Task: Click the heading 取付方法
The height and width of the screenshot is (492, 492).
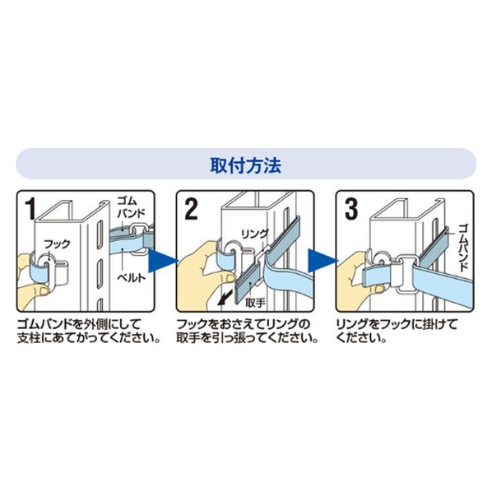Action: tap(245, 165)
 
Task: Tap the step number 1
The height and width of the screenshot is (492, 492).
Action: tap(30, 209)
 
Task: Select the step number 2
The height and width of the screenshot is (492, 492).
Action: tap(191, 209)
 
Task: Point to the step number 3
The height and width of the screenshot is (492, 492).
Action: tap(350, 209)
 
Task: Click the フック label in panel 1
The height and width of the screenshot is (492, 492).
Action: tap(58, 244)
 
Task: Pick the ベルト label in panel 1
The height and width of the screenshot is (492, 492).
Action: tap(132, 277)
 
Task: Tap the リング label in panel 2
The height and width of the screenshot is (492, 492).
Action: tap(254, 234)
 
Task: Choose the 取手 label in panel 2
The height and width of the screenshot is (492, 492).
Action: tap(255, 303)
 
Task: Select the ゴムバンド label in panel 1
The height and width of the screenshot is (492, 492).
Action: tap(131, 207)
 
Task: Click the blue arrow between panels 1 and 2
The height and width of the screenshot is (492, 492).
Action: tap(161, 261)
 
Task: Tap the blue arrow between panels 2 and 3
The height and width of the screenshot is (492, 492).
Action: tap(322, 261)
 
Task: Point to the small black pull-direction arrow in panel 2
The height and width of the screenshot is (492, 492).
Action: tap(225, 298)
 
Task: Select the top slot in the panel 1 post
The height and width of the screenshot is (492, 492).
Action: tap(100, 235)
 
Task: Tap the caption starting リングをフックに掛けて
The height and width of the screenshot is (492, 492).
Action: tap(397, 332)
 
